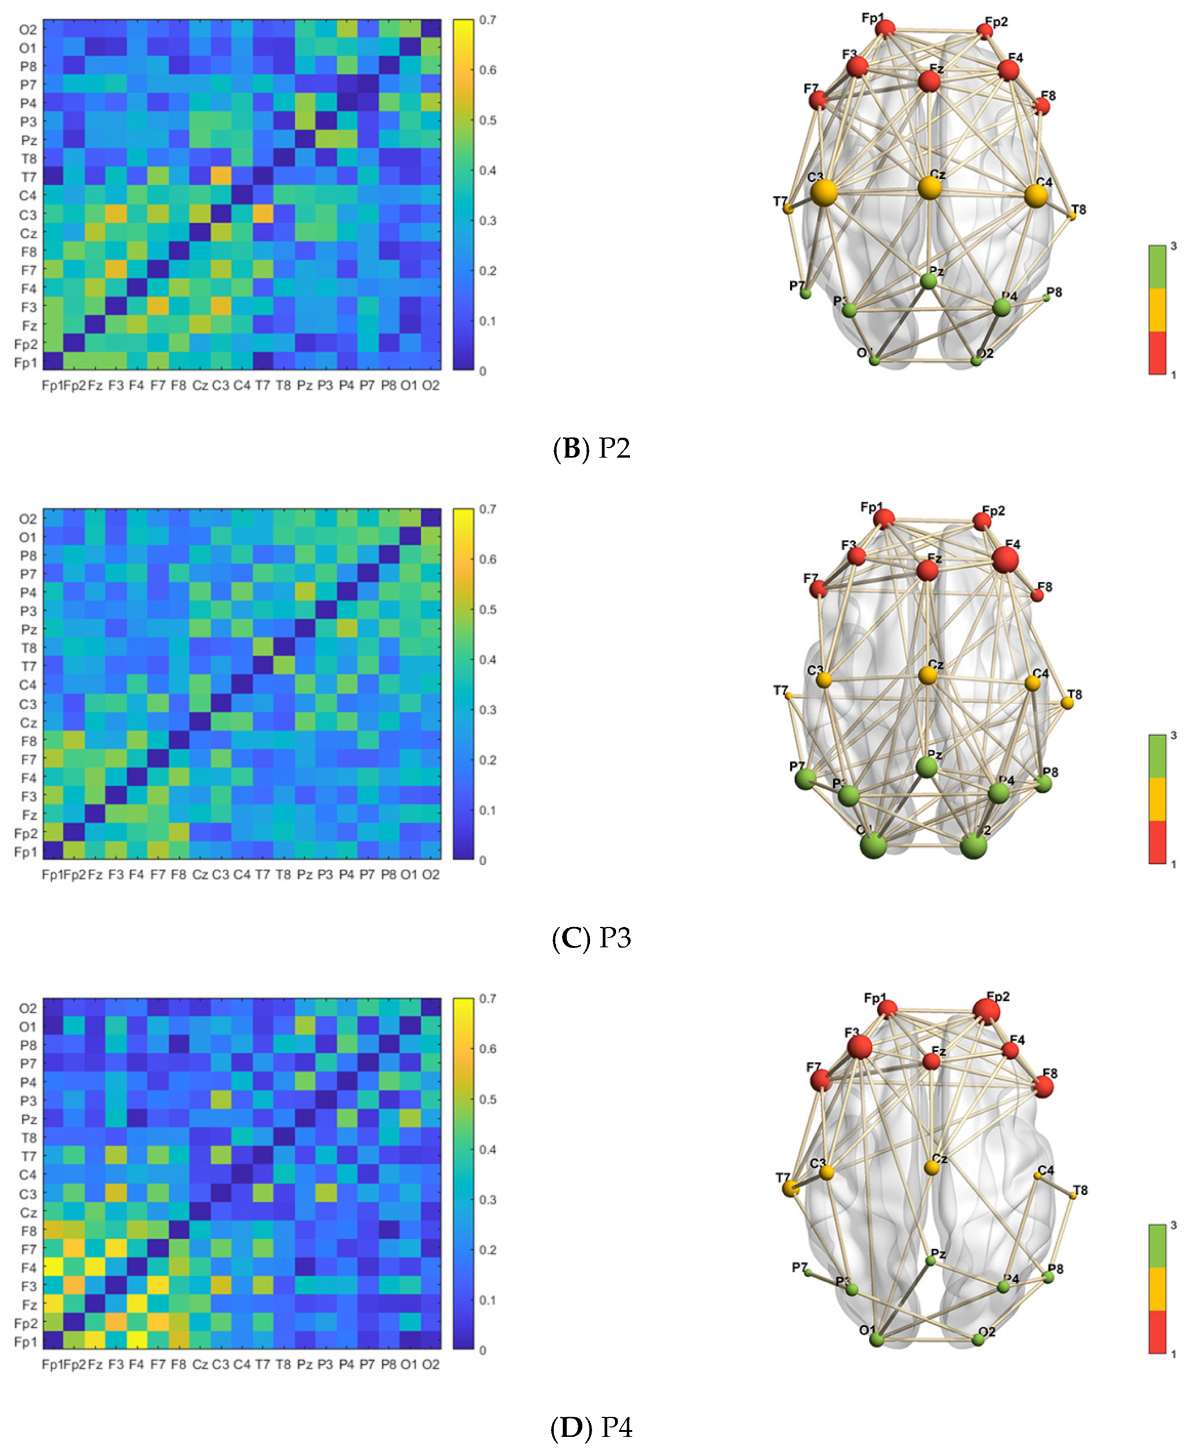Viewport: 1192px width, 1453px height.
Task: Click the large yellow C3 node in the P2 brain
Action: point(824,193)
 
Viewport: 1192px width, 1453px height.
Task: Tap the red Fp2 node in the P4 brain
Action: point(986,1011)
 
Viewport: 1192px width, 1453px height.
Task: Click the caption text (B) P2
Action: point(591,448)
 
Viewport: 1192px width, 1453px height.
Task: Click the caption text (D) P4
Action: point(591,1428)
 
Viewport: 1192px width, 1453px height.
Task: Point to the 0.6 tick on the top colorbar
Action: point(487,70)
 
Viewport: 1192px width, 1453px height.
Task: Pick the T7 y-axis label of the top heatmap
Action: point(28,177)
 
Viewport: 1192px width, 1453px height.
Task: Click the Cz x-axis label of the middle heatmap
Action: point(200,875)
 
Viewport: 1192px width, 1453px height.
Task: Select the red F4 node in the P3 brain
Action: point(1005,560)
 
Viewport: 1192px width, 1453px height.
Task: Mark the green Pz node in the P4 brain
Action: point(931,1261)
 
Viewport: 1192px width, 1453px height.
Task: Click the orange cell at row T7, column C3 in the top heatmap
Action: point(220,177)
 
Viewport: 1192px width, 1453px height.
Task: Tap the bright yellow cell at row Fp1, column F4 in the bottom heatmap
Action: point(136,1340)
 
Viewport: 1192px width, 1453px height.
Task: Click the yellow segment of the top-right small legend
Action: point(1157,310)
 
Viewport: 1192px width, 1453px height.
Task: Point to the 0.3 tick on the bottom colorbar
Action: point(487,1199)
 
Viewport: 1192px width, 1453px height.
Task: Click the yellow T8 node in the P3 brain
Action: point(1066,702)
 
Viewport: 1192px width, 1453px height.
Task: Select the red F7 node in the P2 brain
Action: point(817,100)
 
